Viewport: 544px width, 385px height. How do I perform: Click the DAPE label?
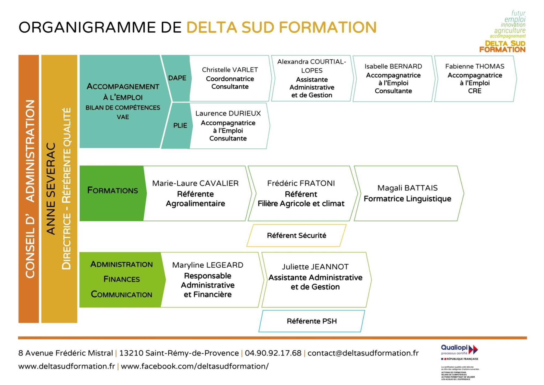point(177,78)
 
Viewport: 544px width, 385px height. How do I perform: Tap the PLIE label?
point(180,126)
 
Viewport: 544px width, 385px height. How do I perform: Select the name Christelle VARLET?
point(230,70)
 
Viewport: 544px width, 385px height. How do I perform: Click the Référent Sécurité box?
point(296,236)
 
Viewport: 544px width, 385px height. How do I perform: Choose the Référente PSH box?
point(312,321)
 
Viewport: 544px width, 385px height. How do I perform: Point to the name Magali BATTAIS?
point(407,188)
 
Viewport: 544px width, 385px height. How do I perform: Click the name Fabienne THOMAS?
point(475,66)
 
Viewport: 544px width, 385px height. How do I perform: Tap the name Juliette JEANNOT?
point(315,267)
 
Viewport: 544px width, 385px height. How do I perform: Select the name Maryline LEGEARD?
point(208,265)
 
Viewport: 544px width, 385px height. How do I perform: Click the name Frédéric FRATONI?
point(301,183)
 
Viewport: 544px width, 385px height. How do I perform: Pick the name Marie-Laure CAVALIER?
point(195,183)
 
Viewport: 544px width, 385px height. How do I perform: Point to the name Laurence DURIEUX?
point(228,113)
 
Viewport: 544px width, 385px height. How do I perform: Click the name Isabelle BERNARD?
point(393,66)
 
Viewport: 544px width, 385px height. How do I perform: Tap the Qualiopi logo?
point(459,350)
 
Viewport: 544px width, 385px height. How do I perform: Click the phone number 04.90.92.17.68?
point(273,353)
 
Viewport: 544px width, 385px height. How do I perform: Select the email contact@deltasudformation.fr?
point(363,353)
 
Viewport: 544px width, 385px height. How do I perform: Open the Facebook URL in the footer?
point(195,366)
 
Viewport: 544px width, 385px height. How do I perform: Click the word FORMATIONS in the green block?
point(113,190)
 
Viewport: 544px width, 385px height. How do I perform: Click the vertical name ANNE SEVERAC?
point(51,188)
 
